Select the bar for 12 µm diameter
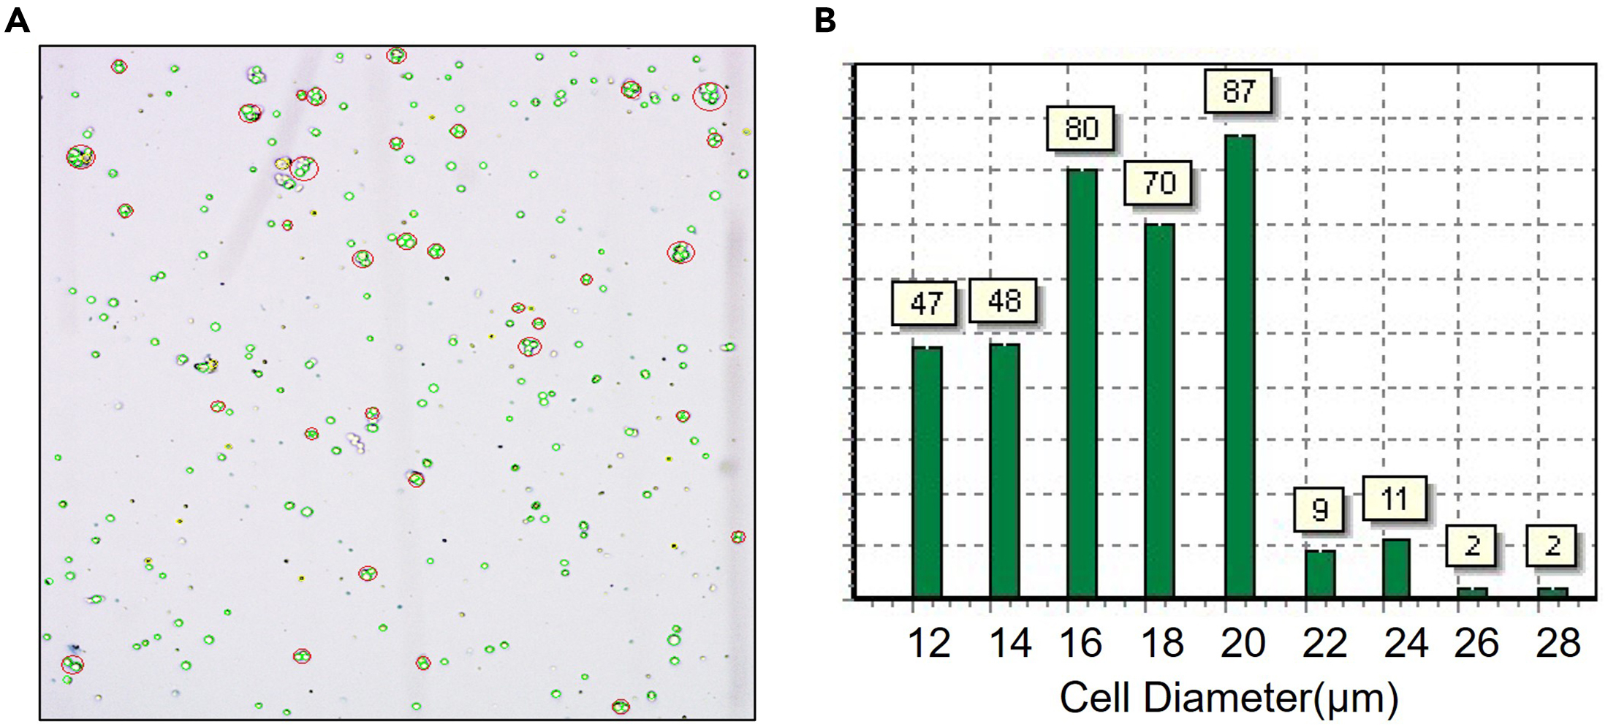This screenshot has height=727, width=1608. (x=927, y=472)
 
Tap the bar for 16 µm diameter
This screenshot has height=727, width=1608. (x=1082, y=384)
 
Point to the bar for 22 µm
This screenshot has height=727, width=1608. (x=1320, y=574)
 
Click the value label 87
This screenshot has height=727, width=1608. (x=1238, y=91)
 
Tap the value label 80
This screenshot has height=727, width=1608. (x=1081, y=129)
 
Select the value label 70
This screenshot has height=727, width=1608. (x=1158, y=183)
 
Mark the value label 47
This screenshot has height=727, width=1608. (x=925, y=302)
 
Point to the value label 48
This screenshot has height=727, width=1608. (x=1003, y=300)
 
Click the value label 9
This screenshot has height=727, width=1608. (x=1319, y=509)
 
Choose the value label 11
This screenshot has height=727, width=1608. (x=1395, y=499)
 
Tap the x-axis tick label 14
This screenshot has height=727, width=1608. (x=1010, y=644)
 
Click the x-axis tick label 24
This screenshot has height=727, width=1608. (x=1406, y=644)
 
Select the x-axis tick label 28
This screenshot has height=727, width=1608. (x=1558, y=644)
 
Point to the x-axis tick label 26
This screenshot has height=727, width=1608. (x=1476, y=644)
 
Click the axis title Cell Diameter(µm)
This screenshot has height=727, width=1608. (x=1229, y=698)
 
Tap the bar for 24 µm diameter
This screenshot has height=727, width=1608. (x=1396, y=568)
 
